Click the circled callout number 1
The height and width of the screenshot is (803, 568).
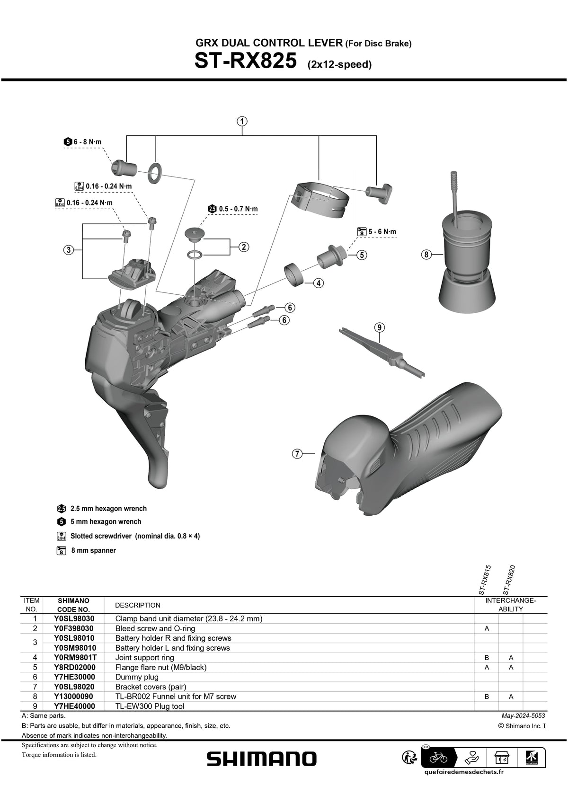click(x=242, y=121)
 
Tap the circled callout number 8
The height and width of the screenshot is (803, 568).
click(x=426, y=255)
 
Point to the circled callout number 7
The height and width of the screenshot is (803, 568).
click(x=297, y=454)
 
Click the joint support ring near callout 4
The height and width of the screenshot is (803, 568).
click(x=294, y=274)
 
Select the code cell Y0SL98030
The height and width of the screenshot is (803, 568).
click(x=74, y=618)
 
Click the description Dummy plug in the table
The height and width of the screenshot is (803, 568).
click(x=137, y=677)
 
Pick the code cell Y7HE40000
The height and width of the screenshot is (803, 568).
click(x=74, y=706)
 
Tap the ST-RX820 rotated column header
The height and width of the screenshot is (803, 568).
click(x=509, y=580)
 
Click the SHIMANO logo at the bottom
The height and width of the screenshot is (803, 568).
click(x=261, y=759)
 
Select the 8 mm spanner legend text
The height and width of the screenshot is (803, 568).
click(x=93, y=550)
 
